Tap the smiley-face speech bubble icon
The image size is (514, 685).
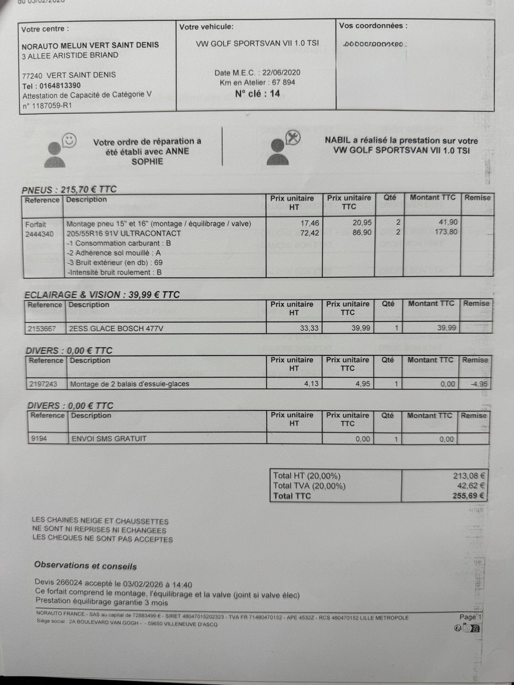pos(69,140)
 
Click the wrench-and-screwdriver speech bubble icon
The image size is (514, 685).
pos(293,138)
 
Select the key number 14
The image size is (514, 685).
pos(275,94)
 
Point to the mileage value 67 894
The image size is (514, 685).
pos(283,83)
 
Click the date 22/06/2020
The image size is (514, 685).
pos(281,73)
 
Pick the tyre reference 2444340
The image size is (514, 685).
pos(40,234)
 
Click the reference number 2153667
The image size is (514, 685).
pos(42,329)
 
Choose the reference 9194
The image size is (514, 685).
pos(39,438)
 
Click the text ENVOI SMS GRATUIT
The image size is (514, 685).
pos(109,439)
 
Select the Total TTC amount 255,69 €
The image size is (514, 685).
pos(468,496)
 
